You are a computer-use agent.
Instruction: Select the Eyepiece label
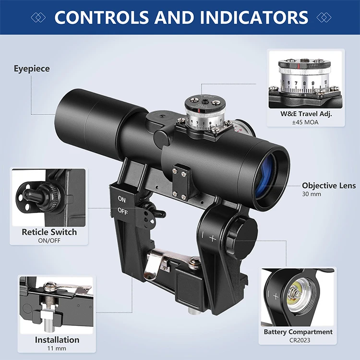point(31,69)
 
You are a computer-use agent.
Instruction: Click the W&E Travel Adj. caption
point(306,114)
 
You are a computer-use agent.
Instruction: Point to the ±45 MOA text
point(306,122)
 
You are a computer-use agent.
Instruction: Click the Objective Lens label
point(329,186)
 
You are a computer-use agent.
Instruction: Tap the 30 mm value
point(312,195)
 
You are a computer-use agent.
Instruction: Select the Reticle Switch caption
point(49,232)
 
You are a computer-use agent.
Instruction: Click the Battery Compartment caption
point(298,332)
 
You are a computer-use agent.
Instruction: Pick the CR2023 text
point(298,340)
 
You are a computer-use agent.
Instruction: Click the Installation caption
point(50,340)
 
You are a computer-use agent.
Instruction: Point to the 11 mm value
point(50,348)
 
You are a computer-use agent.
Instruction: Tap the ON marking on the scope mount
point(122,199)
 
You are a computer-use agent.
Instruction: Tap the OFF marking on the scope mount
point(123,210)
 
